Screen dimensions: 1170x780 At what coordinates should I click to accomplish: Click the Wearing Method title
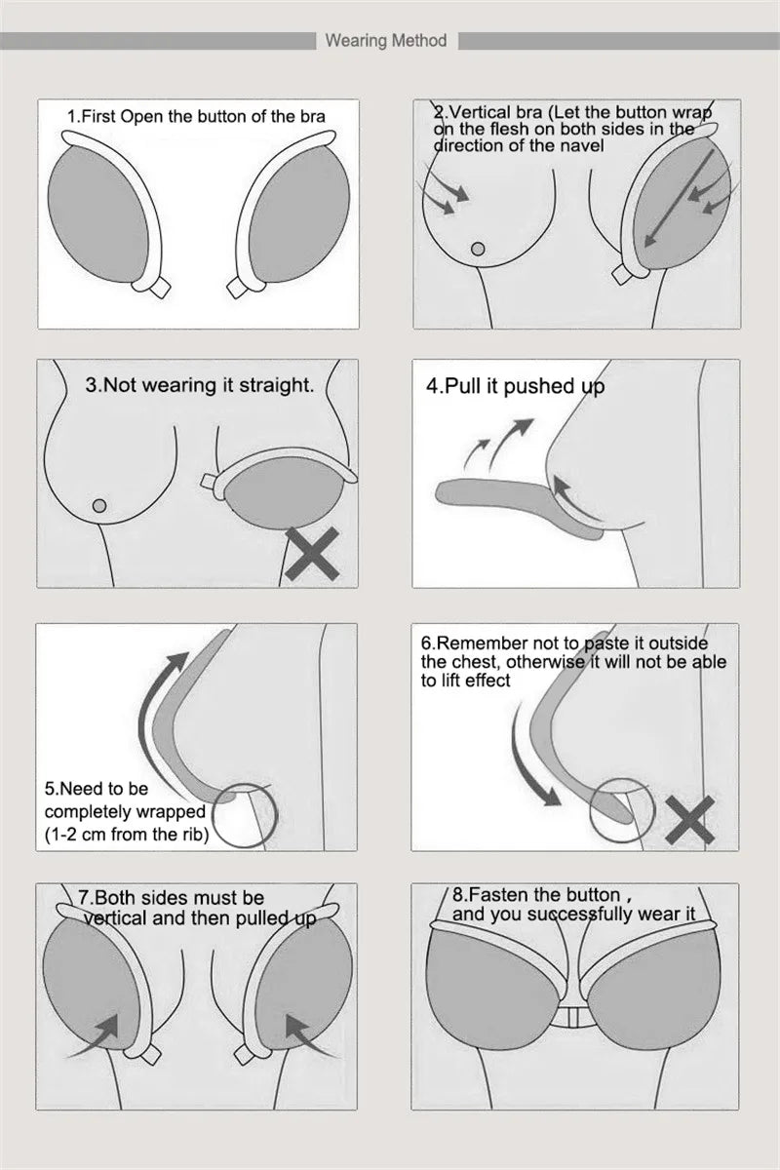point(386,41)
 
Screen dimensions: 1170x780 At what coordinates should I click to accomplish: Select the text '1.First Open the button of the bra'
point(196,116)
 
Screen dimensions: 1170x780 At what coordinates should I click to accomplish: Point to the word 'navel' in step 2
point(582,145)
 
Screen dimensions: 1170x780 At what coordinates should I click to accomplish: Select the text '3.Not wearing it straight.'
point(200,385)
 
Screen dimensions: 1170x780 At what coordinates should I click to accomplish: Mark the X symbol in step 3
point(311,554)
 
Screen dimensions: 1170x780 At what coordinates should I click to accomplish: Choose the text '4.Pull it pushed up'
point(515,386)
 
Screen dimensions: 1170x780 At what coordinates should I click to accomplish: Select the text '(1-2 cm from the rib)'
point(127,834)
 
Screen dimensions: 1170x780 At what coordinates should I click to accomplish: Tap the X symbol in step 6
point(689,820)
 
